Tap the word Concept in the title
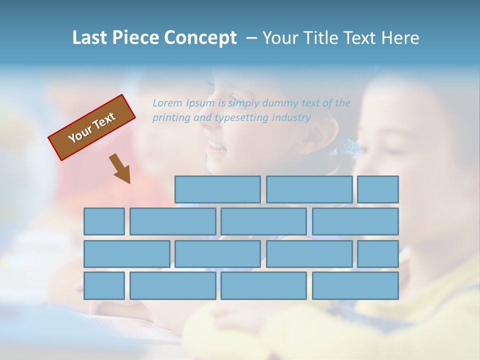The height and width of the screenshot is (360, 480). (x=200, y=38)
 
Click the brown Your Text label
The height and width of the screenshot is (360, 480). (x=92, y=127)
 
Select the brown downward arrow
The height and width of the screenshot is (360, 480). (x=120, y=168)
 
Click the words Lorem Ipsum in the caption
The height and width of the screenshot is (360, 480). (x=183, y=103)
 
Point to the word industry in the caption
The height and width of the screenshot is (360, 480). (x=291, y=117)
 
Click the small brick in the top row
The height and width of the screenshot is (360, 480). (x=378, y=189)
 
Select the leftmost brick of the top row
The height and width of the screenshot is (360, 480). (x=217, y=189)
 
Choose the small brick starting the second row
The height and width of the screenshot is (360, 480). (x=104, y=221)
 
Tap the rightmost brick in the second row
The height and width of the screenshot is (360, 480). (x=355, y=221)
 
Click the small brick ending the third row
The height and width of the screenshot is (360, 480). (x=378, y=254)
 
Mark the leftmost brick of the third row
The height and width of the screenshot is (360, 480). (x=126, y=254)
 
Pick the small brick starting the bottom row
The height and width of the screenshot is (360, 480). (x=104, y=286)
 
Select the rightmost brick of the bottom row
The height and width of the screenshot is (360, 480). (x=355, y=286)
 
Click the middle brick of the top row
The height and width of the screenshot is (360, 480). (x=309, y=189)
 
